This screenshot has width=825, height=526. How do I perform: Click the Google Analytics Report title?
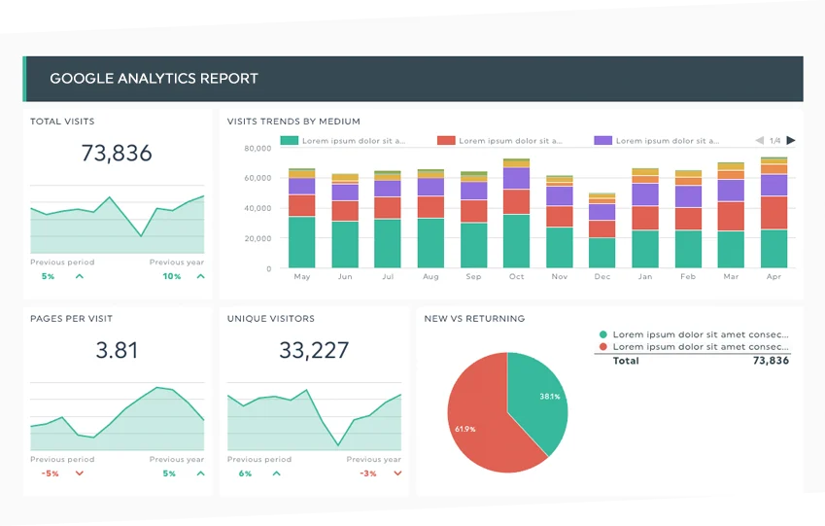point(154,78)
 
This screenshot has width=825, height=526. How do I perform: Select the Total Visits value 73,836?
point(117,153)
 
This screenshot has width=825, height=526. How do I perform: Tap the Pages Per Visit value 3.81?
point(117,350)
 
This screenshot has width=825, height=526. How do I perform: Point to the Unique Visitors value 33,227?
point(314,350)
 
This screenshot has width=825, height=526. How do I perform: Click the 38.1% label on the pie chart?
point(550,396)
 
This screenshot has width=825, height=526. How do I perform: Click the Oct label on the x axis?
point(516,276)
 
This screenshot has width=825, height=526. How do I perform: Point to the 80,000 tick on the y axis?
point(257,148)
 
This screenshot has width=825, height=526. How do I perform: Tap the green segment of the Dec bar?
point(602,253)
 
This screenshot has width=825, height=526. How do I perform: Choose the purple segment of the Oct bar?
point(516,178)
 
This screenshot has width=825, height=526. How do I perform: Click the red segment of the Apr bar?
point(773,212)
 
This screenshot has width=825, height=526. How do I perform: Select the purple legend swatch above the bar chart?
point(602,140)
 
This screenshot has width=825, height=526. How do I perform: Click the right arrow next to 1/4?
point(790,140)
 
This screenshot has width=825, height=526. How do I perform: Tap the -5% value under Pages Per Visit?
point(50,473)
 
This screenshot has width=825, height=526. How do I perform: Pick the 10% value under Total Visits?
point(171,276)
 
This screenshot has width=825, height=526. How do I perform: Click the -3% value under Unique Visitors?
point(368,473)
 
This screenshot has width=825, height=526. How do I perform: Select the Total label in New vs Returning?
point(626,361)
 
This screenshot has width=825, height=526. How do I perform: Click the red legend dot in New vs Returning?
point(603,346)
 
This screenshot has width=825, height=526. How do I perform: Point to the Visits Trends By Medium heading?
point(293,122)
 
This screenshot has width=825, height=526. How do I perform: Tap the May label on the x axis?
point(301,276)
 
